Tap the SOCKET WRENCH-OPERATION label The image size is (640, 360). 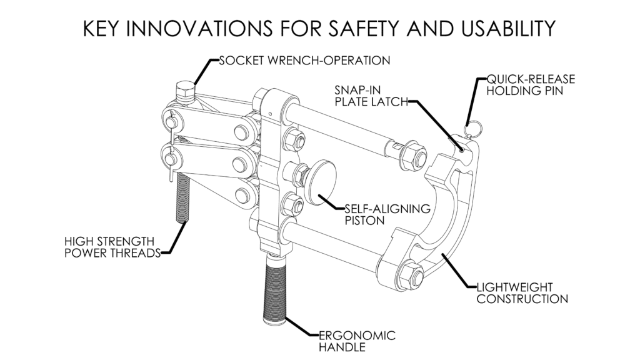coord(304,61)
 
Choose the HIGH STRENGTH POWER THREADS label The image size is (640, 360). coord(110,246)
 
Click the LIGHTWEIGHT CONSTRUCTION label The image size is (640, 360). coord(521,293)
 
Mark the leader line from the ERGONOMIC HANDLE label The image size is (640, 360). coord(303,327)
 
